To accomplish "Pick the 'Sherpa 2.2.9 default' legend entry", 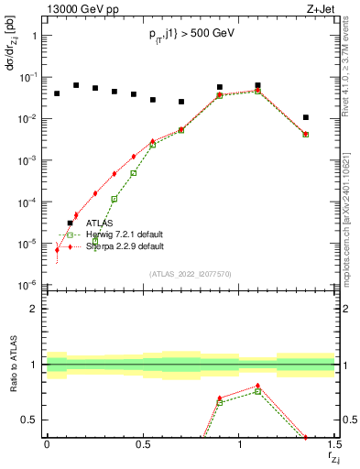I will click(125, 246).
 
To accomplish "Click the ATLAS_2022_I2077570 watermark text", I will click(191, 273).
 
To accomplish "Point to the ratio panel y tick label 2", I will click(36, 309).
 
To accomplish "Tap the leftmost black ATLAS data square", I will click(57, 93).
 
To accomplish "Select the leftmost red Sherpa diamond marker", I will click(57, 249).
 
